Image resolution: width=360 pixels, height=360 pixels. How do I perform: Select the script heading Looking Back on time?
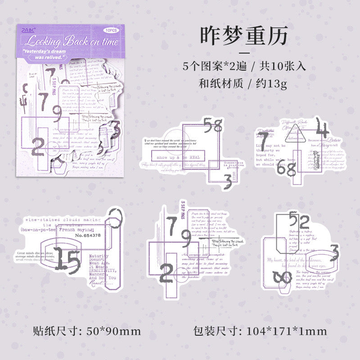72,42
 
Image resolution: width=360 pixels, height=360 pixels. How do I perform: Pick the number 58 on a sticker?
213,125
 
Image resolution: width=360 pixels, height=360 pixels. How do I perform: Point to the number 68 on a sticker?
286,169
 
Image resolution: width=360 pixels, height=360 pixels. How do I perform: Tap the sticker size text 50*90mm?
112,332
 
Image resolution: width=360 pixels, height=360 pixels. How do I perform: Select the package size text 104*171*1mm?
287,332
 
